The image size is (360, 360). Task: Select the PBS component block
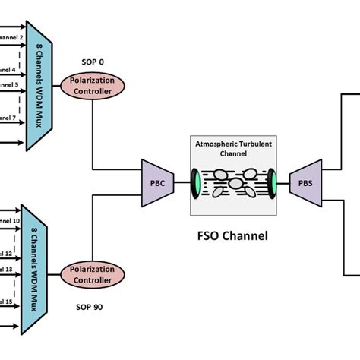coord(304,182)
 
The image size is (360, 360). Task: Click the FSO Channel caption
coord(230,235)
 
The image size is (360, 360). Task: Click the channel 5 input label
coord(9,85)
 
